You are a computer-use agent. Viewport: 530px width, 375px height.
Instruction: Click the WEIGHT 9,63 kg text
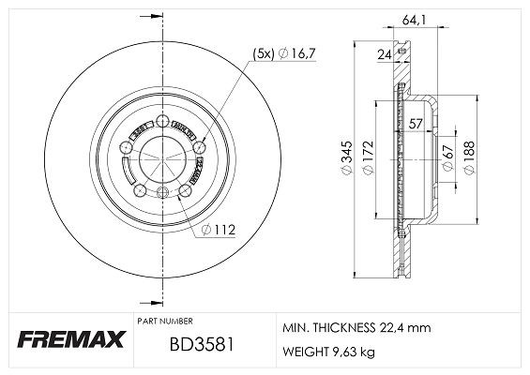click(x=327, y=352)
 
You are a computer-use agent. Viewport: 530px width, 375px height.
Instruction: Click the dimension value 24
click(x=384, y=54)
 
